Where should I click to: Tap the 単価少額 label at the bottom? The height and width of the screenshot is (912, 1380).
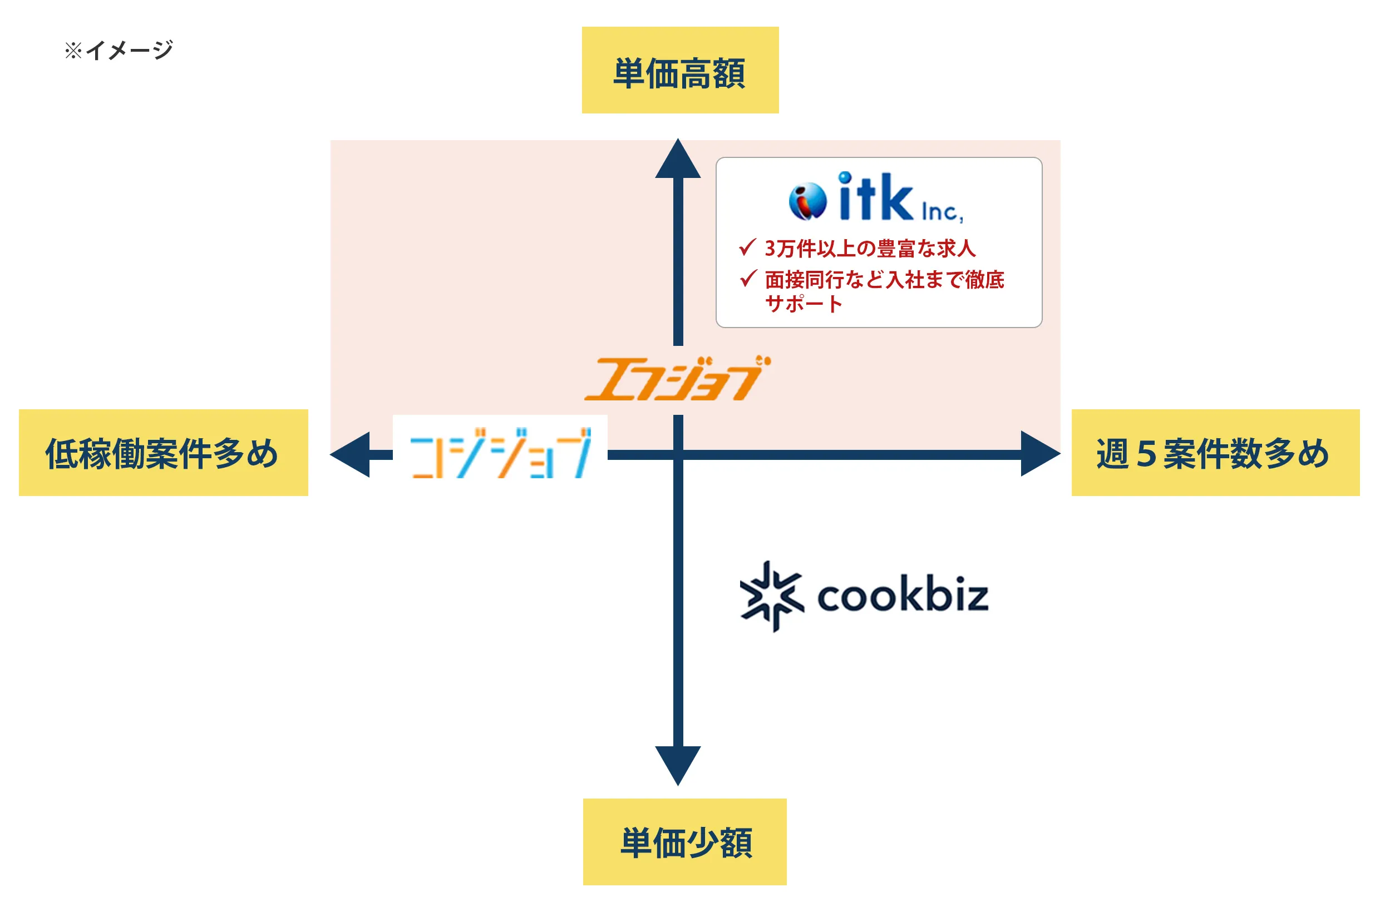click(x=684, y=841)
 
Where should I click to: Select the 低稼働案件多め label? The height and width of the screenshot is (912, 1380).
click(x=163, y=453)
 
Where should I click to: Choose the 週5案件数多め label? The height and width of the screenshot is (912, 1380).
click(x=1215, y=453)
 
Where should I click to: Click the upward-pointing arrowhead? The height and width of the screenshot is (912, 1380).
click(x=678, y=161)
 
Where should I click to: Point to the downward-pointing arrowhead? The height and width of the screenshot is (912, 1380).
click(x=678, y=763)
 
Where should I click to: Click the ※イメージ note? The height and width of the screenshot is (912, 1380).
click(x=119, y=50)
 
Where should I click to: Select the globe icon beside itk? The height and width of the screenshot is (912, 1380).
click(x=807, y=201)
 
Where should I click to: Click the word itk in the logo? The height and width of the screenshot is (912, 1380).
click(x=875, y=198)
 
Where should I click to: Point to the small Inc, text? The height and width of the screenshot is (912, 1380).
click(x=942, y=212)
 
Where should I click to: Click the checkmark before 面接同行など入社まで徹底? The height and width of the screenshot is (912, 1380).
click(x=748, y=279)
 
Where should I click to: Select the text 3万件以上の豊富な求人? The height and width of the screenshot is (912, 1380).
click(x=870, y=249)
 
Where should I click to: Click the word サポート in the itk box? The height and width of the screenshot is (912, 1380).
click(x=803, y=304)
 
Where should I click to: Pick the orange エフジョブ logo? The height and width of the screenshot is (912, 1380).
click(x=676, y=379)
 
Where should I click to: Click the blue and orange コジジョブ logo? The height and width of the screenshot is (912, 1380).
click(x=501, y=453)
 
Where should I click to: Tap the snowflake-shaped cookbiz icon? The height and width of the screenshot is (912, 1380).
click(x=772, y=596)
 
